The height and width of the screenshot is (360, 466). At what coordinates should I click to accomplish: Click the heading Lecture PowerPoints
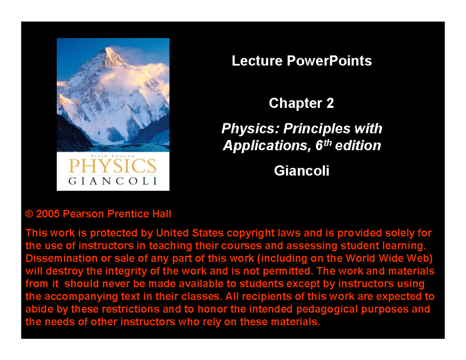click(x=301, y=61)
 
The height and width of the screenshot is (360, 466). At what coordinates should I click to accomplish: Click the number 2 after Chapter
click(x=330, y=104)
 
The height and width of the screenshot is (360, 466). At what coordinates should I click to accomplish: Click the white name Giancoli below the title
click(x=301, y=171)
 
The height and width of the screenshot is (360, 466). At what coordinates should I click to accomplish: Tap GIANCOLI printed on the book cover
click(x=113, y=182)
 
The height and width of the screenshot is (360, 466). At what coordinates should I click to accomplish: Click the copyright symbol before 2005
click(x=30, y=214)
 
